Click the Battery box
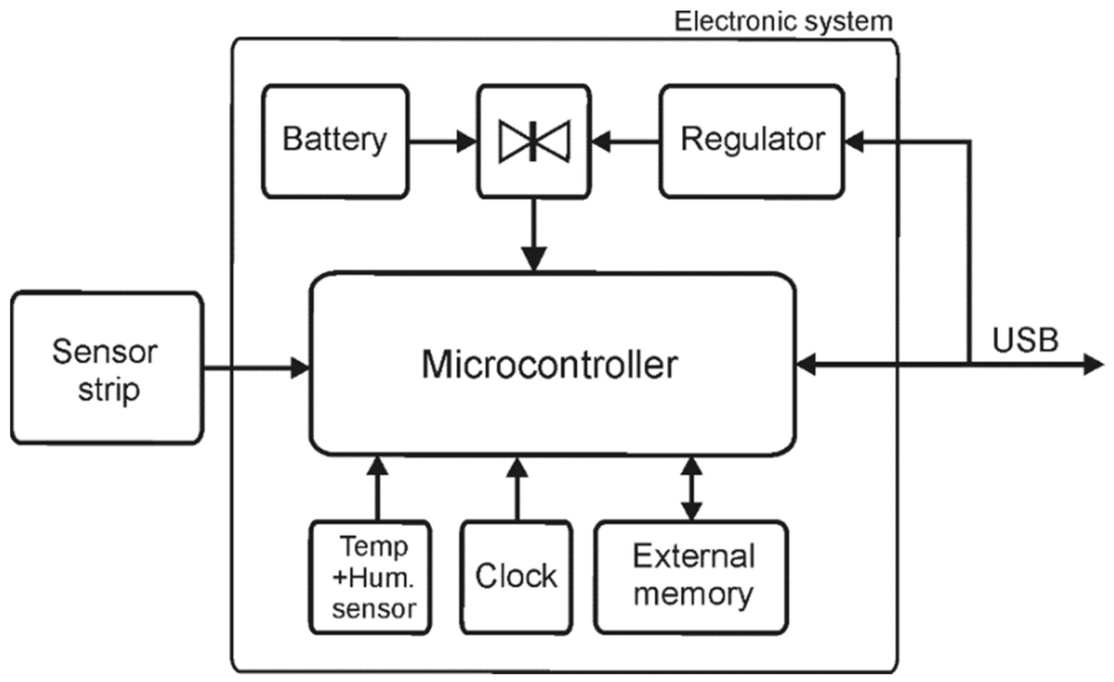point(335,141)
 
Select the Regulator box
point(751,141)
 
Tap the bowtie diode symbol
point(534,141)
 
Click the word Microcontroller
point(550,365)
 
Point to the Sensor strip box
point(107,368)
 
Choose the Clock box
point(516,577)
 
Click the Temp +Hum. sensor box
point(371,577)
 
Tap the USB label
point(1026,341)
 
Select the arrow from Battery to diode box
point(442,141)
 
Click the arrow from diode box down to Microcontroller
point(534,235)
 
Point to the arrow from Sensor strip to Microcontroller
point(256,368)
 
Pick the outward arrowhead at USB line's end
point(1093,365)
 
